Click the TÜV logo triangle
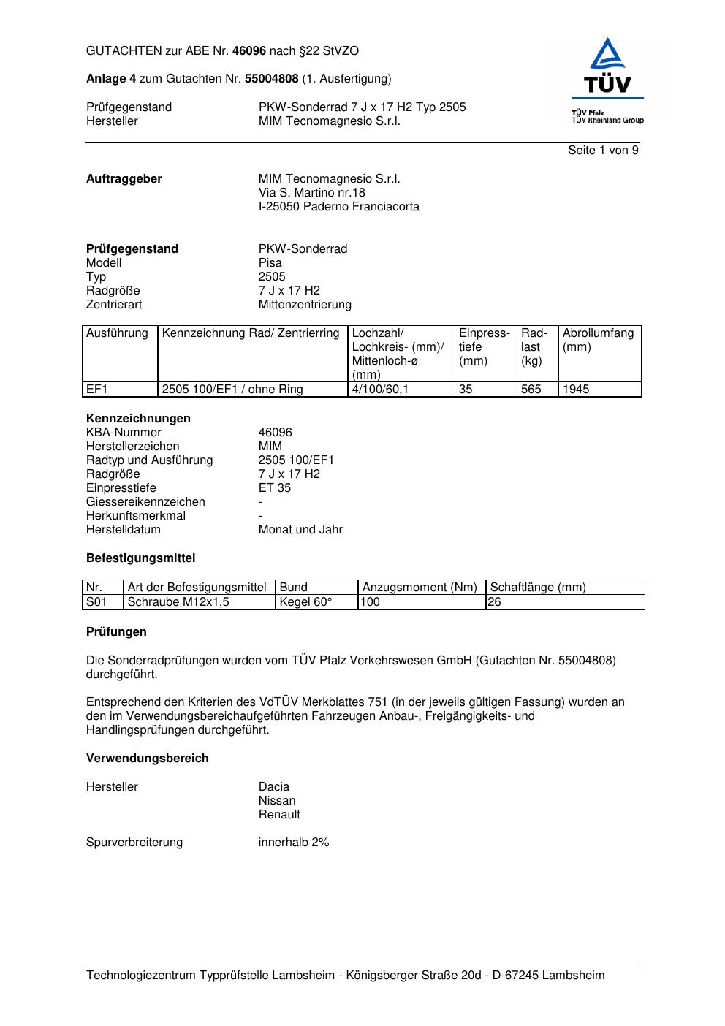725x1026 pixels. (x=607, y=55)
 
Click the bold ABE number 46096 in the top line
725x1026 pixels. (x=249, y=51)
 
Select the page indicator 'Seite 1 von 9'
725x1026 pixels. (x=603, y=151)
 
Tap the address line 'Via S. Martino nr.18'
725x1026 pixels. (x=311, y=193)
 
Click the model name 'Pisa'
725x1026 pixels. (x=270, y=263)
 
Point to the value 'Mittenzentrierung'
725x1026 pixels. (x=305, y=305)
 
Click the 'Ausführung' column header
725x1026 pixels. (x=117, y=333)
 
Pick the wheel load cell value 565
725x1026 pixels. (x=531, y=389)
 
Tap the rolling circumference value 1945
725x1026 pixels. (x=576, y=389)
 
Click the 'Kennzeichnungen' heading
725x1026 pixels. (x=138, y=419)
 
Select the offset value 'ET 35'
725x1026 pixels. (x=274, y=488)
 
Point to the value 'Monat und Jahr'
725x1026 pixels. (x=300, y=530)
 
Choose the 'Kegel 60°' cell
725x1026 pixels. (x=305, y=602)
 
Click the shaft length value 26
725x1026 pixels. (x=495, y=602)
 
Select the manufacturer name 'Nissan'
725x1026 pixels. (x=277, y=801)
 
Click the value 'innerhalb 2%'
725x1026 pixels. (x=294, y=843)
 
